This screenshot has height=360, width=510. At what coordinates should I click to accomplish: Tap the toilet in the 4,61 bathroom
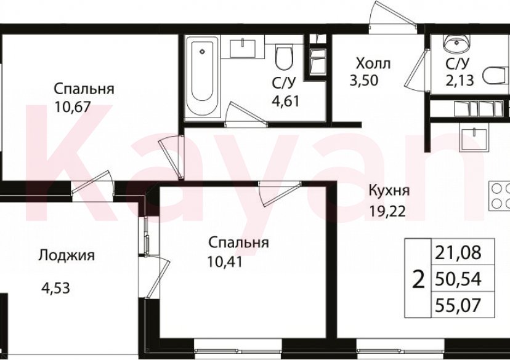(284, 58)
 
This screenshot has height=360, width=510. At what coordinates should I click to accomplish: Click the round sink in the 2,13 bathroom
(458, 44)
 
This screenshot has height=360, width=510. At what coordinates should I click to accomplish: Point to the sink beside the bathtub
(246, 47)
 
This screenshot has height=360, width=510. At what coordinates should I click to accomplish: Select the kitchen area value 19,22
(386, 209)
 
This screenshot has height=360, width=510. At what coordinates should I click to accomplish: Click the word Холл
(373, 63)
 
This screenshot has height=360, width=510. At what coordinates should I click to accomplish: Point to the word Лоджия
(66, 255)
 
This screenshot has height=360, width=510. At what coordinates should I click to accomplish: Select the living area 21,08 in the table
(457, 252)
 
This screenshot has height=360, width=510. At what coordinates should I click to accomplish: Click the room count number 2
(418, 280)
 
